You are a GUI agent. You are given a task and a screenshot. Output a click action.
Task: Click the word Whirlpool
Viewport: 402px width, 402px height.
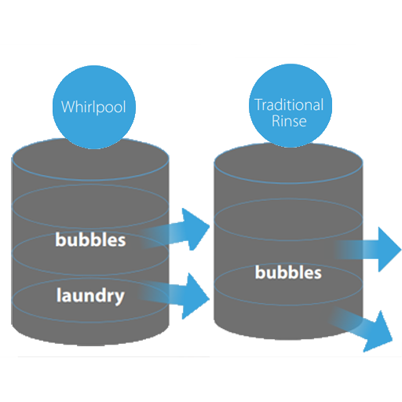tap(93, 107)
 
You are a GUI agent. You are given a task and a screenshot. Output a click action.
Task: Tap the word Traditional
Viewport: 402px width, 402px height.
tap(289, 105)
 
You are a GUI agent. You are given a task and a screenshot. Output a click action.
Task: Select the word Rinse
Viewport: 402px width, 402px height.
tap(289, 121)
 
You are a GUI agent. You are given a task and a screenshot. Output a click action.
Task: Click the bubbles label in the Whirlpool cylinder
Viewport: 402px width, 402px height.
tap(90, 239)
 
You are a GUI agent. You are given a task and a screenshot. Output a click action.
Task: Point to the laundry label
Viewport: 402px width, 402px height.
tap(90, 296)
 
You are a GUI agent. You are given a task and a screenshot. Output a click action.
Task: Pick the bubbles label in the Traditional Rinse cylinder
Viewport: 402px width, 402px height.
tap(288, 272)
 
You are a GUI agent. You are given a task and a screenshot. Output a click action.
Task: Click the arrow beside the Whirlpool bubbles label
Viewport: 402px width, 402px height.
tap(175, 230)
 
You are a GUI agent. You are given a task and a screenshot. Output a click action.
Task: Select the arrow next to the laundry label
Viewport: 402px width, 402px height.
tap(174, 295)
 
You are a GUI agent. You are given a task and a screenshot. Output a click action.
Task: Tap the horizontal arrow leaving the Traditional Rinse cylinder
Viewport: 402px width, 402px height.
tap(367, 250)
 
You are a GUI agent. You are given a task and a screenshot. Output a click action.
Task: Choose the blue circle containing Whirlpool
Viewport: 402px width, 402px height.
tap(94, 107)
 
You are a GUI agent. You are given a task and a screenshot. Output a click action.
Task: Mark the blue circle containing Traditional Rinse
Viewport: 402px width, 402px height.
tap(291, 105)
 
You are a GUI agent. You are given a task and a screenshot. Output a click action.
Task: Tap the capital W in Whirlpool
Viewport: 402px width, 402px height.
tap(68, 107)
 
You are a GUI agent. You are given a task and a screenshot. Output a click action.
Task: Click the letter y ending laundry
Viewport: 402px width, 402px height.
tap(119, 298)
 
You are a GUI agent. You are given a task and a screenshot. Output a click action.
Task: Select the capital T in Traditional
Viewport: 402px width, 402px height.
tap(258, 105)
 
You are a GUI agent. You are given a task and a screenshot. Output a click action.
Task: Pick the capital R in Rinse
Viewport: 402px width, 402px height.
tap(276, 121)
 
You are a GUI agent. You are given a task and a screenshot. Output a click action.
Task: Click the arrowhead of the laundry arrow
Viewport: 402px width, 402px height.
tap(196, 296)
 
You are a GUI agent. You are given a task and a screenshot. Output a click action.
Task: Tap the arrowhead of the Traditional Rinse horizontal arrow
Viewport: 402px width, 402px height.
tap(389, 250)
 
